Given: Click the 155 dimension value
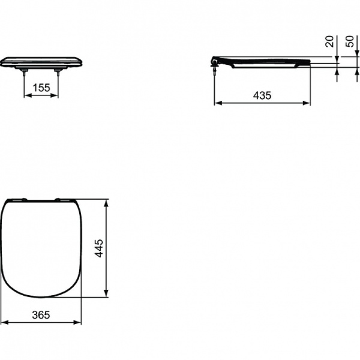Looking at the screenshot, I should [x=41, y=88].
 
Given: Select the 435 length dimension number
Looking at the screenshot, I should [x=262, y=95].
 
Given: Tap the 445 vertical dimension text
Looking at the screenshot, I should [x=100, y=247].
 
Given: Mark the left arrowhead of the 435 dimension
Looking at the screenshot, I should [x=217, y=103].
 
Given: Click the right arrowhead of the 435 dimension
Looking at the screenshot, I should [x=308, y=103].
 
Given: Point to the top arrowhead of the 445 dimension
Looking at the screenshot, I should [x=106, y=202].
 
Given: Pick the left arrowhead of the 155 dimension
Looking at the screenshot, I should [x=26, y=95].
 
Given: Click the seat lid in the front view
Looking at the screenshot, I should [x=41, y=61].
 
